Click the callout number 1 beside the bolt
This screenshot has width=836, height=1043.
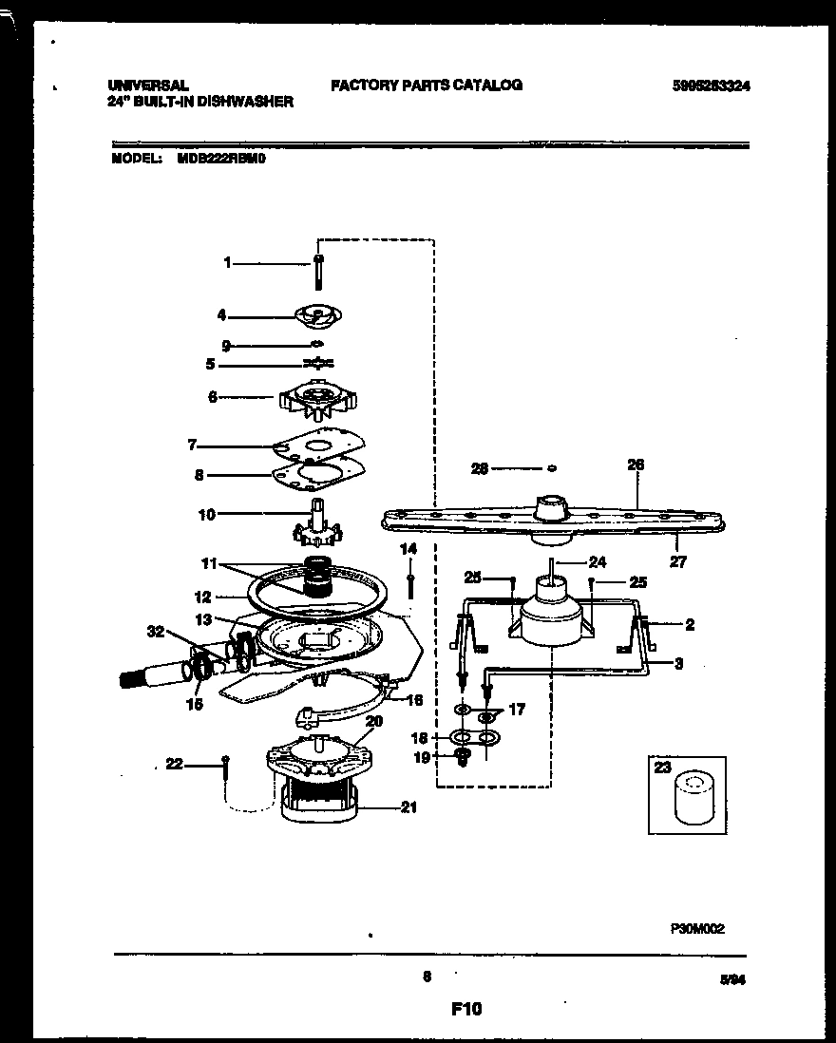227,263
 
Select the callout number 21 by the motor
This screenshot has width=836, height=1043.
408,808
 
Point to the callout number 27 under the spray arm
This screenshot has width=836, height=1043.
677,561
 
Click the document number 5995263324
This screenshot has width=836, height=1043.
706,85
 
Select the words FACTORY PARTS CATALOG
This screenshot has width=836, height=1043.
427,85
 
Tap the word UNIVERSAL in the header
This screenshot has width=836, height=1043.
148,85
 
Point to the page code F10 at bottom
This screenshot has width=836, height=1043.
466,1009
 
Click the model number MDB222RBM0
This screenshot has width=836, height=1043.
221,161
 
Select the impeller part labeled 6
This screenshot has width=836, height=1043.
316,396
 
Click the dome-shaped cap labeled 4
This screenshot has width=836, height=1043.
319,315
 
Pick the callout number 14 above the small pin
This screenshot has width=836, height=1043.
408,549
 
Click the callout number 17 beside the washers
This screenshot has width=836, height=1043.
517,709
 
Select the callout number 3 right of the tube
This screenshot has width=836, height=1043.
678,663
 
